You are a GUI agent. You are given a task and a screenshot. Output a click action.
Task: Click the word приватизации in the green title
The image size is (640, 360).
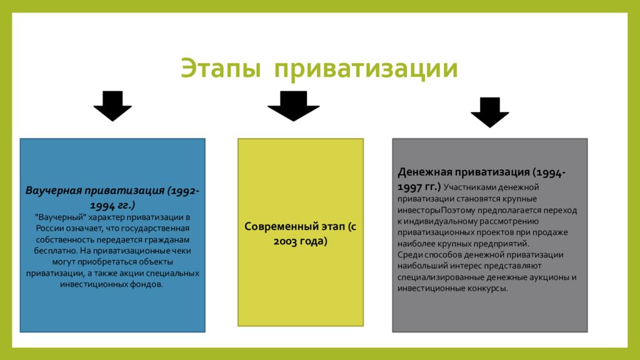(x=364, y=68)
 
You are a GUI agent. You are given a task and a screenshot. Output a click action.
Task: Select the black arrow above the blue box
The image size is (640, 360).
(x=112, y=106)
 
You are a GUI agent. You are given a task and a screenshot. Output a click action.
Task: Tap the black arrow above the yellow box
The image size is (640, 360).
(x=293, y=106)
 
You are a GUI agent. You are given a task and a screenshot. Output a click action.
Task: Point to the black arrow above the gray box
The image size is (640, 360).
(x=489, y=112)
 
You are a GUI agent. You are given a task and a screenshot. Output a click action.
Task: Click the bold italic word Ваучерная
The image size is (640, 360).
(x=54, y=189)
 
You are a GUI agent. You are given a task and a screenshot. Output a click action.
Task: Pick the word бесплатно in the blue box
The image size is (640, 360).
(x=53, y=251)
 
